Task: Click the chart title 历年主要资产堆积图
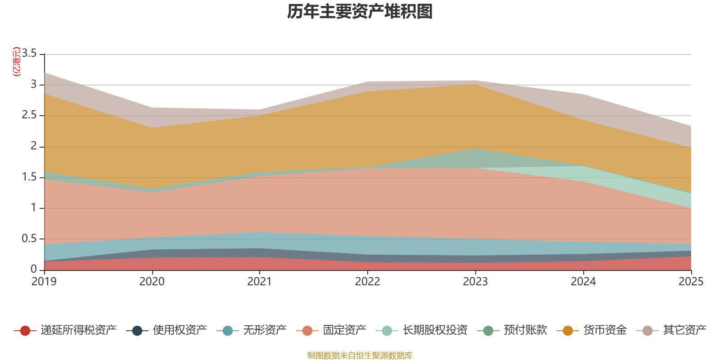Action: click(360, 12)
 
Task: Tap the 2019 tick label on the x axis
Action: click(44, 282)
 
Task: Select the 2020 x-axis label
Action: click(152, 282)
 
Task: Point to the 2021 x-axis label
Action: click(260, 282)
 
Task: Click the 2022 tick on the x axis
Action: click(368, 282)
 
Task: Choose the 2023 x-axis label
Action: click(476, 282)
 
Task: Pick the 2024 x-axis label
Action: click(583, 282)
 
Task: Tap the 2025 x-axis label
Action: click(691, 282)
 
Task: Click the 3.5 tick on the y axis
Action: click(29, 54)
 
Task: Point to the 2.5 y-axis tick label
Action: click(29, 115)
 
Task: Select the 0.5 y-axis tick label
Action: click(29, 238)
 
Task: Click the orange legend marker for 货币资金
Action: click(568, 331)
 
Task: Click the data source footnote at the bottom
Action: click(360, 355)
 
